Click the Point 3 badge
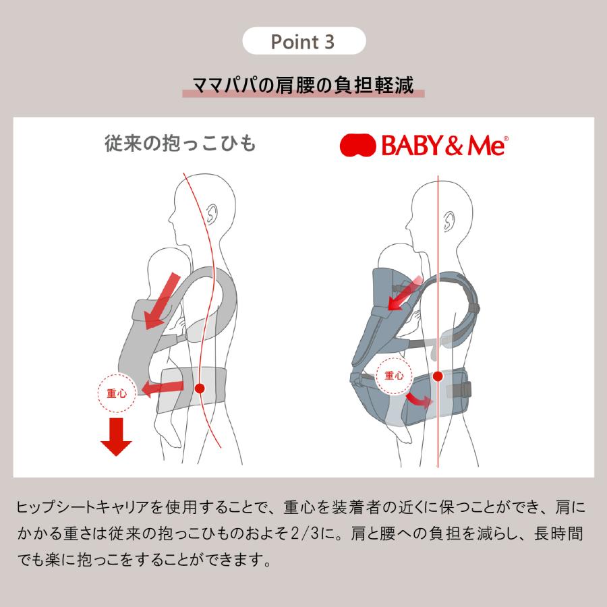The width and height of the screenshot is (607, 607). [x=303, y=42]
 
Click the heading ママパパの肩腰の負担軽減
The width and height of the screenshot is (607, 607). [x=303, y=86]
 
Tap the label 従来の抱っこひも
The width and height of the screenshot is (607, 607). [x=180, y=144]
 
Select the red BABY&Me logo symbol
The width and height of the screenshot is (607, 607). [x=357, y=144]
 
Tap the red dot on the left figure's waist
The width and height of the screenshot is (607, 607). [x=200, y=388]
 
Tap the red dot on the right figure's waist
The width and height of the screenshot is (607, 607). [x=438, y=376]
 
